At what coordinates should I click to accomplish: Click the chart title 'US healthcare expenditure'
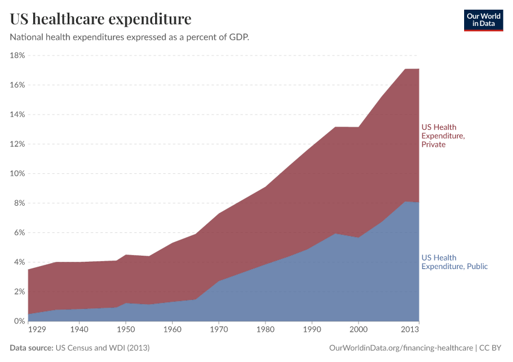(100, 19)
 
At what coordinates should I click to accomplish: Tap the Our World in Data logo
(483, 20)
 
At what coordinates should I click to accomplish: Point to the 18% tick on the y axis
(17, 56)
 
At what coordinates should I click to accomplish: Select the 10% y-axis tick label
(17, 174)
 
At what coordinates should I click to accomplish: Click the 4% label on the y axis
(19, 262)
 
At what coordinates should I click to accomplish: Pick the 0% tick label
(19, 322)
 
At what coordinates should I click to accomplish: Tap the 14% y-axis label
(17, 115)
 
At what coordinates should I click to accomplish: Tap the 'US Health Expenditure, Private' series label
(442, 136)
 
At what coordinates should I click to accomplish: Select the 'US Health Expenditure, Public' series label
(454, 262)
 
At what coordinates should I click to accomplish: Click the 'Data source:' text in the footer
(31, 348)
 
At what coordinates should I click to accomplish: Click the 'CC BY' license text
(491, 348)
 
